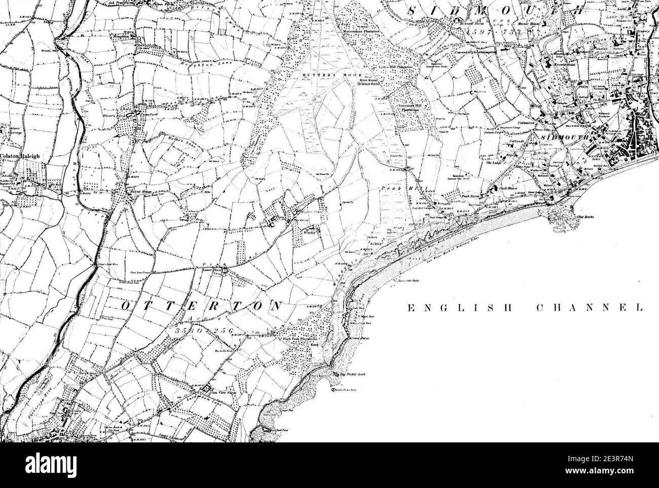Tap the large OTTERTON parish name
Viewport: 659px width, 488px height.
click(x=201, y=306)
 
